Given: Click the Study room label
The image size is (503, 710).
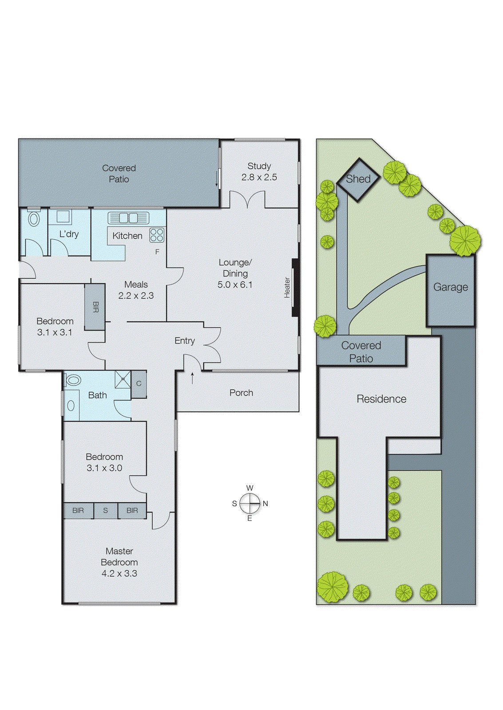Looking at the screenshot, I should pos(259,166).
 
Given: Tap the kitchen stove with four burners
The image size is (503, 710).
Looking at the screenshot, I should pos(157,235).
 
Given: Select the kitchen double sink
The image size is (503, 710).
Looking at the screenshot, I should pos(128,218).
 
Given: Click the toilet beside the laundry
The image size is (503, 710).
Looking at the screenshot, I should pos(34,219).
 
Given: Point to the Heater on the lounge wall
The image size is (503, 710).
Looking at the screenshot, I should pos(295,288).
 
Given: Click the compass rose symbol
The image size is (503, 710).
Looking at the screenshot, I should pos(250,503).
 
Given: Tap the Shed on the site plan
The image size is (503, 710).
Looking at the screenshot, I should pos(358,179).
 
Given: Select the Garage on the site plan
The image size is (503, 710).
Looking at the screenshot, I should pos(451,288).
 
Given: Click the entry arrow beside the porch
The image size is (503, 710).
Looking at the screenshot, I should pos(192,378).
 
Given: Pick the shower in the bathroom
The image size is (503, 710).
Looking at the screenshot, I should pos(123,379).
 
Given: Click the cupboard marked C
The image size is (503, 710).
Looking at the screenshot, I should pos(139,384).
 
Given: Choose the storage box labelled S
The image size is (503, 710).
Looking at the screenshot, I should pos(106,511).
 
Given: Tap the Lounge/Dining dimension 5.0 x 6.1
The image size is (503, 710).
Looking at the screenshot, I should pos(235,285).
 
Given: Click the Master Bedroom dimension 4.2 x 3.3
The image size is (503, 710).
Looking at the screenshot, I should pos(119,573).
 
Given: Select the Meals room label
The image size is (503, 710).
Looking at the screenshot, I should pos(136,284).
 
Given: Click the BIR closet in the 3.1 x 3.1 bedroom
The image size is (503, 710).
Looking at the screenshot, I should pos(95,307).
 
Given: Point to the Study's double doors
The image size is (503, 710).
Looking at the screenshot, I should pos(247,200).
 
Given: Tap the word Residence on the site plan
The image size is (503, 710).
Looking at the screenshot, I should pos(381,399).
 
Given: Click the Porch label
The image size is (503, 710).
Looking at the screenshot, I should pos(241,393).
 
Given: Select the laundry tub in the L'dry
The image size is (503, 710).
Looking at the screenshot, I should pos(63,217).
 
